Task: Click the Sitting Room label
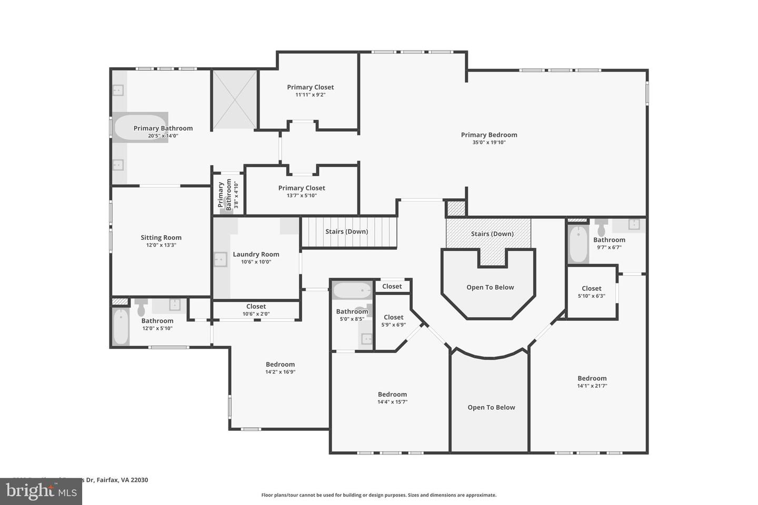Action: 161,237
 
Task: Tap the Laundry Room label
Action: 256,254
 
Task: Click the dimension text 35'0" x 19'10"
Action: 489,142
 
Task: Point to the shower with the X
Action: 234,99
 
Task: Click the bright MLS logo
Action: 41,491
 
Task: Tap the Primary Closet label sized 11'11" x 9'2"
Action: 310,87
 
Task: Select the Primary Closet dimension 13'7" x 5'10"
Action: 302,196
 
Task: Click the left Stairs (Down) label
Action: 346,231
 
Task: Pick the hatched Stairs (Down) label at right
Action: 492,234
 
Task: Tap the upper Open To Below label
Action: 490,287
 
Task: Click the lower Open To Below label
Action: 491,407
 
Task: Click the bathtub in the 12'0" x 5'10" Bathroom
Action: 121,327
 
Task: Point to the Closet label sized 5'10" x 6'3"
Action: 591,288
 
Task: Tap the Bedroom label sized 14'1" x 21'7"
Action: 592,378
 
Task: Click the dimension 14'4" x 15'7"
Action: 392,402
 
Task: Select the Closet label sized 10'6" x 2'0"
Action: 256,306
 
